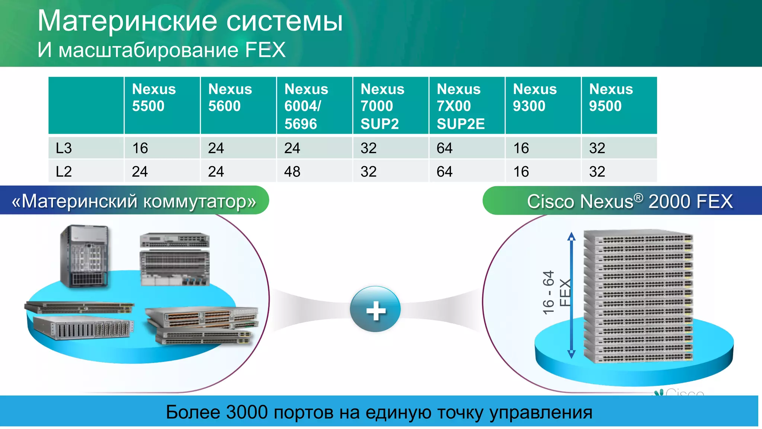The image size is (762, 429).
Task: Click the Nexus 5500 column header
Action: (x=154, y=98)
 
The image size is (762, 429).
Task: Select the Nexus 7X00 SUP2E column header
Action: (x=461, y=106)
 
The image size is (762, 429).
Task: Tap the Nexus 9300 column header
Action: (x=535, y=98)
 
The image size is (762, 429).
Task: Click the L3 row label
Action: (x=64, y=148)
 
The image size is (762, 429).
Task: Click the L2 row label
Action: (x=64, y=172)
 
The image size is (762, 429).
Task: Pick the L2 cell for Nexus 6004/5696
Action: (x=292, y=172)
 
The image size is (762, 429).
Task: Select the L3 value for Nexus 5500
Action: (x=140, y=148)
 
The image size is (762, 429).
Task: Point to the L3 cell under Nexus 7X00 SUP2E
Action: (x=445, y=148)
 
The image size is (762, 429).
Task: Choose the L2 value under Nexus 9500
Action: (x=597, y=172)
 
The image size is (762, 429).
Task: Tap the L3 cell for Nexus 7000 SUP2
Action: (x=368, y=148)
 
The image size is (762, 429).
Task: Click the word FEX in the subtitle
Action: (x=265, y=50)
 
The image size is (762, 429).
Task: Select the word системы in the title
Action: (x=284, y=21)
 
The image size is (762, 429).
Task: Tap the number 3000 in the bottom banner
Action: (x=247, y=412)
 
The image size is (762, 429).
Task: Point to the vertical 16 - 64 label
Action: (x=548, y=292)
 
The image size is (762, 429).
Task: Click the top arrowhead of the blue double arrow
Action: (x=571, y=236)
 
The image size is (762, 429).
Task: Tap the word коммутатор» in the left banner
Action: (x=200, y=201)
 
